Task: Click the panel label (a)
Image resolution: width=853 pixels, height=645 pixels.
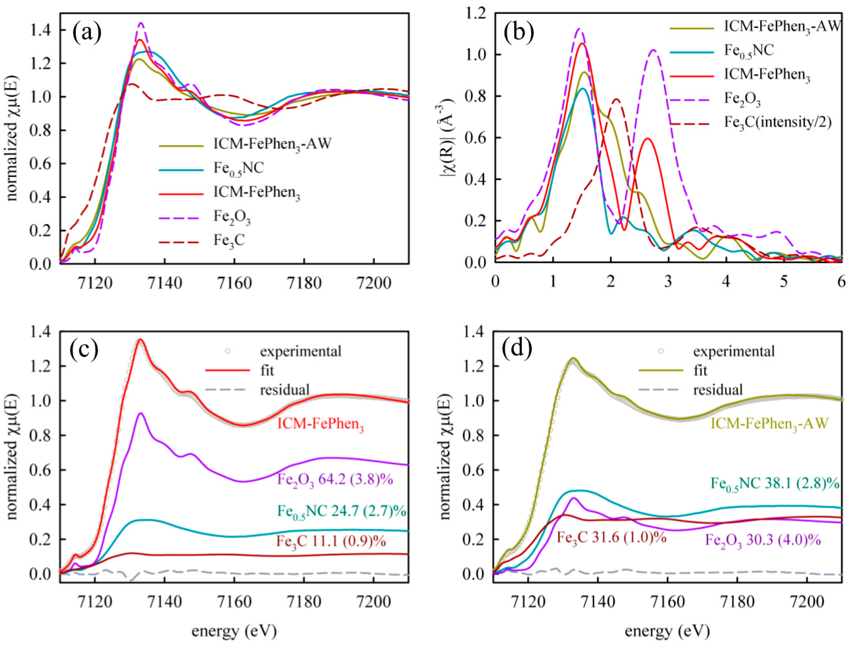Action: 87,32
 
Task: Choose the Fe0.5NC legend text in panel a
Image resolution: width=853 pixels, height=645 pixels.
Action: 238,169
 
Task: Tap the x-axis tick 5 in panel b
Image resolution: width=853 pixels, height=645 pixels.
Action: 783,282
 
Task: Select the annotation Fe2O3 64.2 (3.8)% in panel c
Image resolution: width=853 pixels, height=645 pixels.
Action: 335,480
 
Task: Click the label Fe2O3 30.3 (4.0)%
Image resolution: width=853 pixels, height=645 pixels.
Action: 763,541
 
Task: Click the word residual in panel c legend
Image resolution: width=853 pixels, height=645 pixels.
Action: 285,390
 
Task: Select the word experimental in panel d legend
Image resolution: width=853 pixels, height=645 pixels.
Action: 734,351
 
